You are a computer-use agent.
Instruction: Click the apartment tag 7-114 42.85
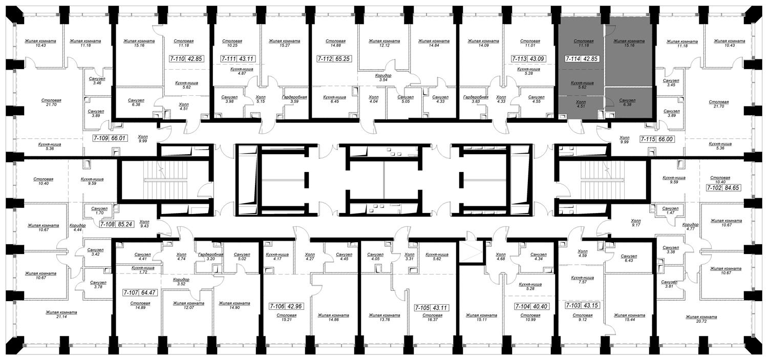582,58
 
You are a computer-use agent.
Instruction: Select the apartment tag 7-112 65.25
334,58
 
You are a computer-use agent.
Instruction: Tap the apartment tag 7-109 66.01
111,138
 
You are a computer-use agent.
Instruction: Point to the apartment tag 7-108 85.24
117,225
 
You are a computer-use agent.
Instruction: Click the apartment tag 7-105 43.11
431,308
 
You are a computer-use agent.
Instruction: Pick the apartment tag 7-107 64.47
140,293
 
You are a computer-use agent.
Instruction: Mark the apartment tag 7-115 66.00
657,139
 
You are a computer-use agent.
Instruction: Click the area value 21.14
62,317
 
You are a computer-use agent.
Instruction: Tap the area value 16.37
432,320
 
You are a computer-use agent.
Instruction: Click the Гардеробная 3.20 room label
210,257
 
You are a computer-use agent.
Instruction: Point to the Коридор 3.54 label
383,77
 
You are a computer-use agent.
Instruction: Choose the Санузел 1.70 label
99,210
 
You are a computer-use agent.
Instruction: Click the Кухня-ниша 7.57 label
583,280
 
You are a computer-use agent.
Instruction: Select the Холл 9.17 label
636,223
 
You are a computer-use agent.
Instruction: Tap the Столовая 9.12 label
583,317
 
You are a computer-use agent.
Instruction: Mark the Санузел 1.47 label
670,210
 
